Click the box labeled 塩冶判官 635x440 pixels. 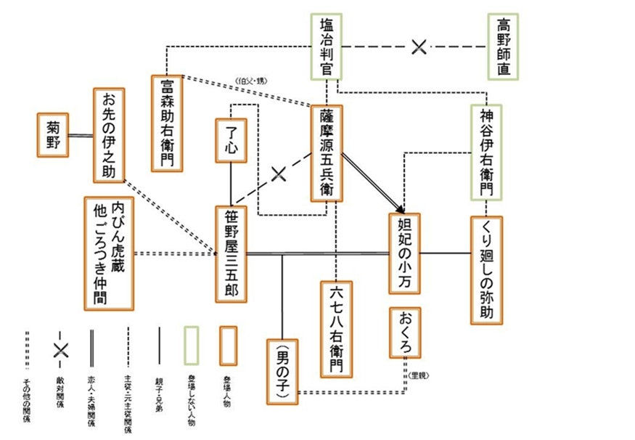[327, 46]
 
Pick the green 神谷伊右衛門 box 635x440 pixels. [486, 152]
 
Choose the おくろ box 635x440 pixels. [405, 333]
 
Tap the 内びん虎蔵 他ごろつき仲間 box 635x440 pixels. [109, 253]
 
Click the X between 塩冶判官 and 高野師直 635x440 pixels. [419, 47]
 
